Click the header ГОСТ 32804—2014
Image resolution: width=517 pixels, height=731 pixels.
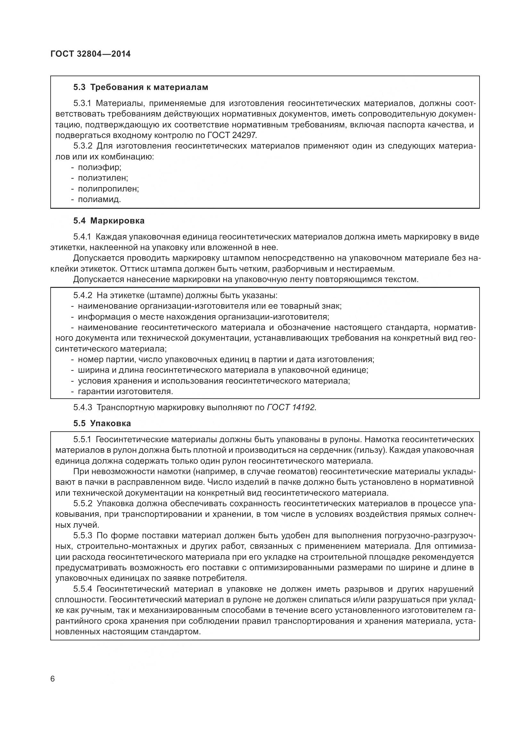tap(90, 54)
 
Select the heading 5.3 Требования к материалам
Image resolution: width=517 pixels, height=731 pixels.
tap(141, 87)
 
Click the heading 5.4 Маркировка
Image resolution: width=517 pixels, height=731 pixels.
tap(109, 221)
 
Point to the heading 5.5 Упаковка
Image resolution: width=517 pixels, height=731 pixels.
tap(102, 423)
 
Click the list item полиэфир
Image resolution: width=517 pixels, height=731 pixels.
tap(100, 167)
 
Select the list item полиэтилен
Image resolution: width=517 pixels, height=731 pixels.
tap(103, 178)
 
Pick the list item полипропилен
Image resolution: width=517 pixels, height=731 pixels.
tap(108, 189)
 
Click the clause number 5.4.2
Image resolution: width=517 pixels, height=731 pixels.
tap(83, 295)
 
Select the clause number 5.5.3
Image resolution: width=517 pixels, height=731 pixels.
tap(83, 535)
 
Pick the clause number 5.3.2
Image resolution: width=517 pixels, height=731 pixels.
tap(83, 146)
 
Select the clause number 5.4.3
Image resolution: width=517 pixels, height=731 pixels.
tap(83, 407)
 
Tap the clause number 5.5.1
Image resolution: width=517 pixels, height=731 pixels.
tap(82, 439)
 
